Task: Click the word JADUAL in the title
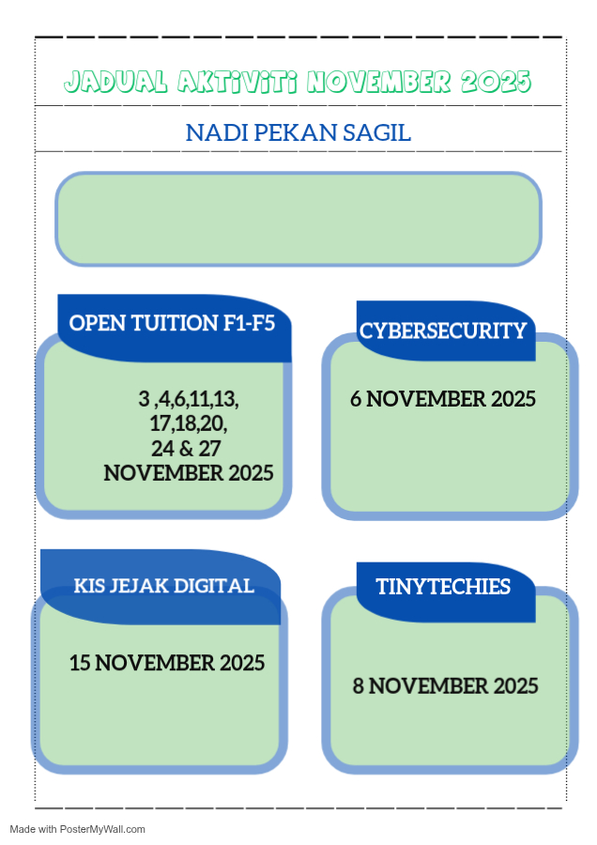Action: pos(115,82)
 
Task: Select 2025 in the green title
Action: pos(496,82)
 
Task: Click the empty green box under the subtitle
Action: pos(298,219)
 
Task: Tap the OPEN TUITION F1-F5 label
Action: pos(172,323)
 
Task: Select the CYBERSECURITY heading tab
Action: pos(443,330)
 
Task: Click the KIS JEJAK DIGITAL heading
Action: pos(163,586)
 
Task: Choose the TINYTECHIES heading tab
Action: pos(443,586)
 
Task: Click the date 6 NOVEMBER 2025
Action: pos(443,399)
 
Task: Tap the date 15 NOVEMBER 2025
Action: pos(167,663)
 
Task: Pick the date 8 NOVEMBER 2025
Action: pos(446,686)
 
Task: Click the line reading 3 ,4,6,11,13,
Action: pos(189,399)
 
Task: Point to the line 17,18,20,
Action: pos(189,423)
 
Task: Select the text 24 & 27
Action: pos(186,449)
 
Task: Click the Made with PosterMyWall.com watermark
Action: pos(78,829)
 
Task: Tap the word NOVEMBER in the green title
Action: pos(379,82)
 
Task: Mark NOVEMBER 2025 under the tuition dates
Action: pos(189,473)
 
